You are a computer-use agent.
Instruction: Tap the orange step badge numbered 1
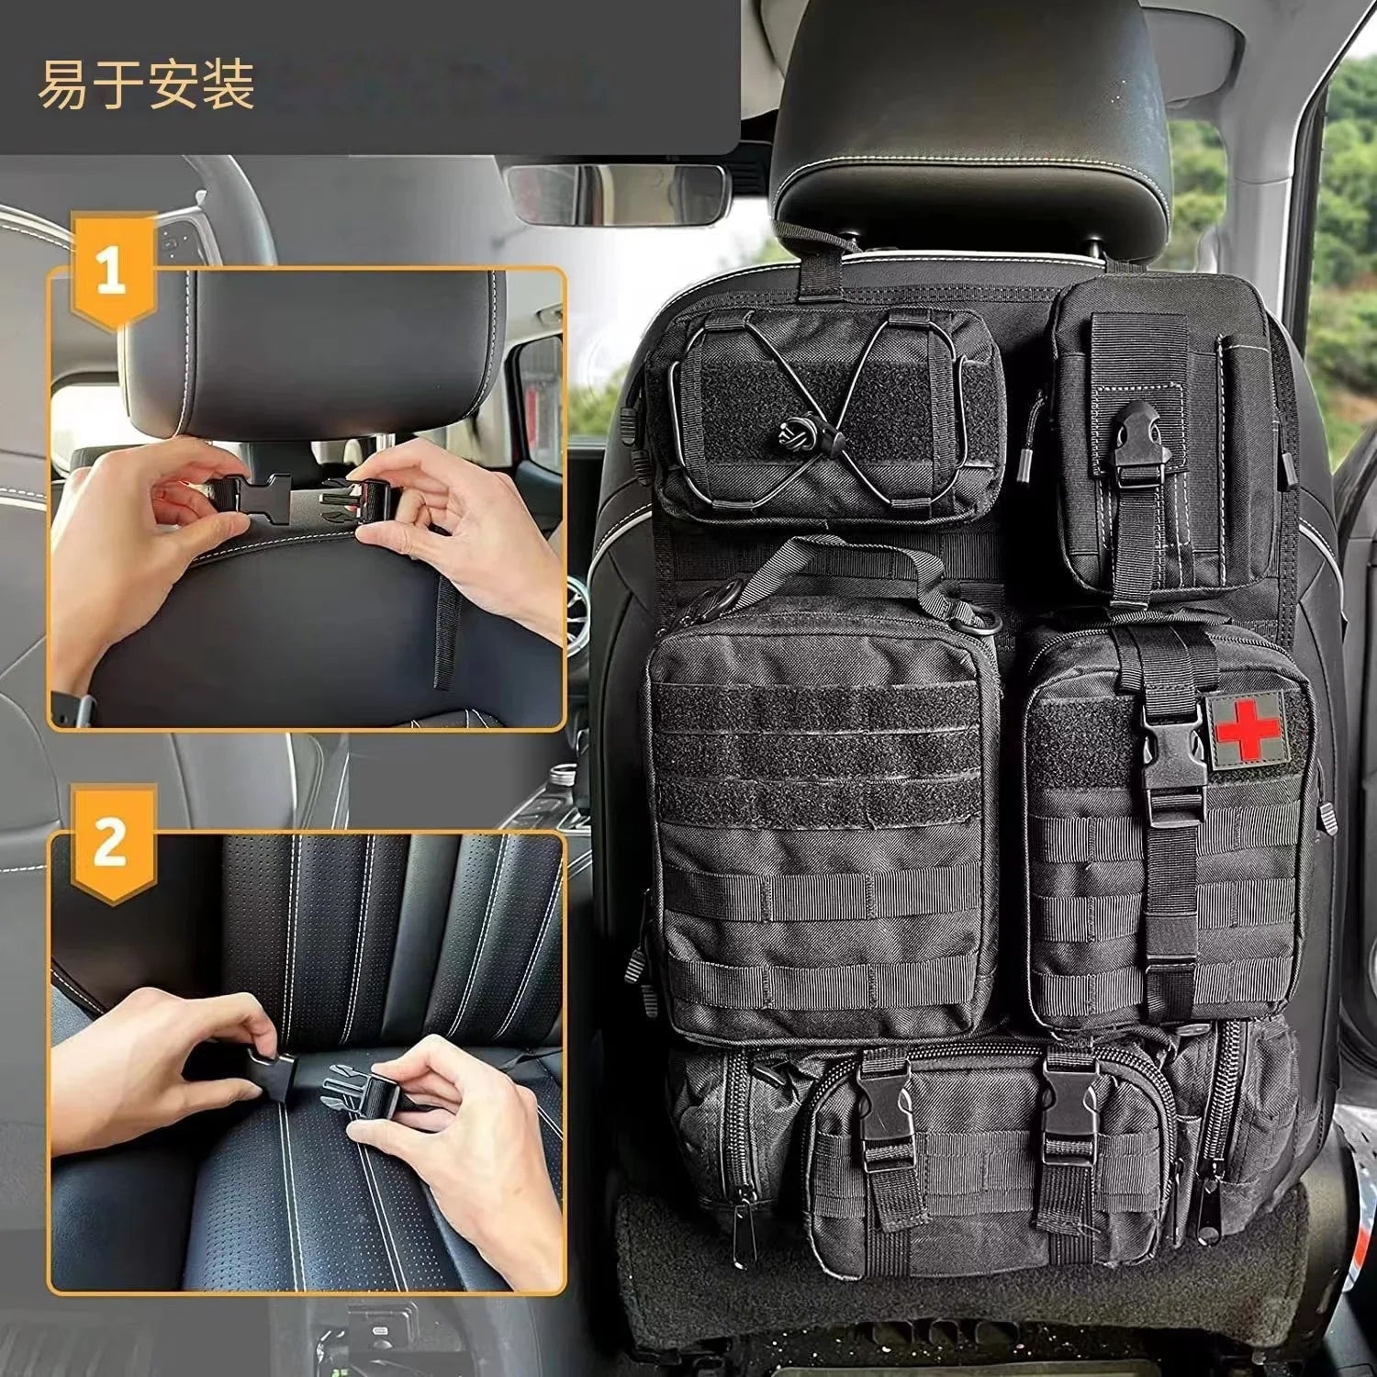click(111, 272)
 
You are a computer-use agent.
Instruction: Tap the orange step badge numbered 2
click(111, 843)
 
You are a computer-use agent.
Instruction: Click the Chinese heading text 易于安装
click(146, 84)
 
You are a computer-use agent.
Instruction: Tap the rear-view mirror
click(617, 194)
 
